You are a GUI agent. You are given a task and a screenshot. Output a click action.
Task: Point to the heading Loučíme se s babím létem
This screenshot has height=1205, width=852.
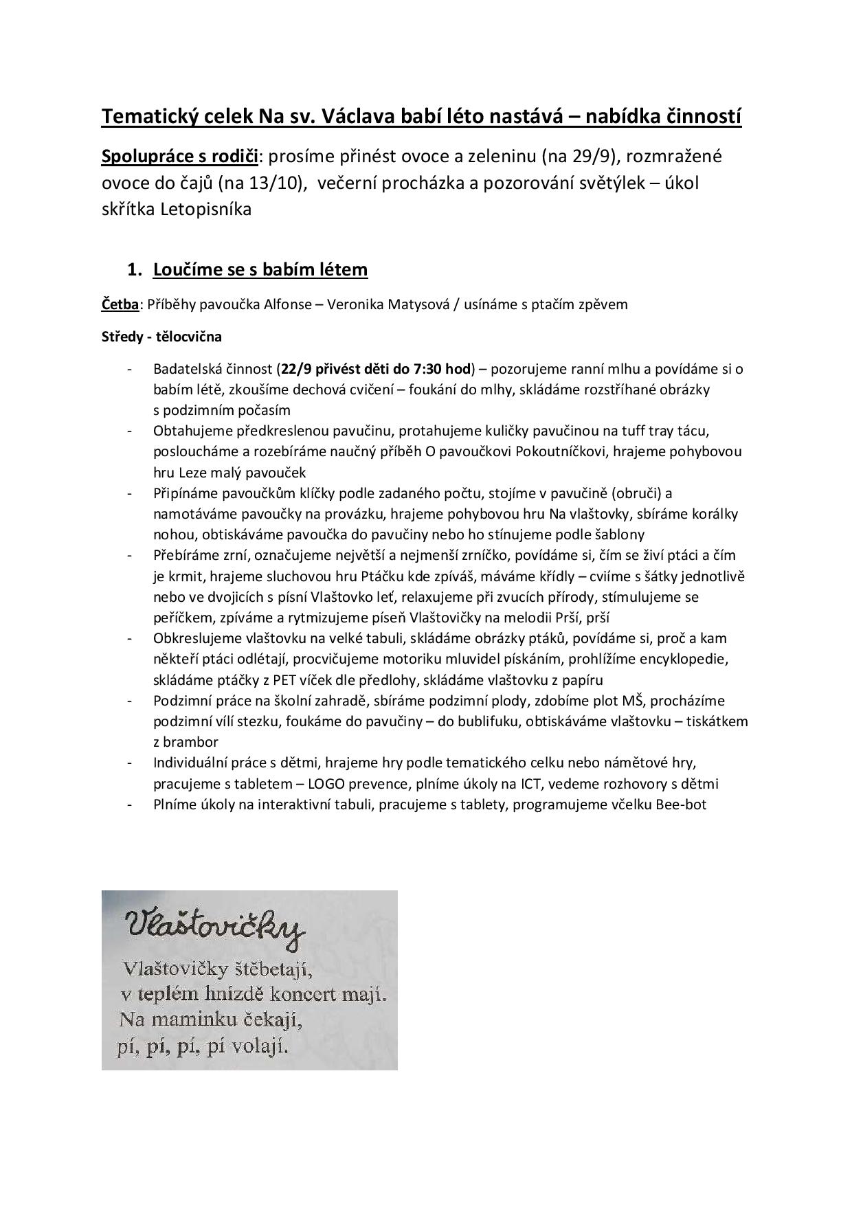[260, 269]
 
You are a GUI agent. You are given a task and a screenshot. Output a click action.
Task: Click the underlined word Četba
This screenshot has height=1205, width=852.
[120, 304]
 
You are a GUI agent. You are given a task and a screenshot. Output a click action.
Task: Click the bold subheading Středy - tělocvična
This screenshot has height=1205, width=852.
[161, 337]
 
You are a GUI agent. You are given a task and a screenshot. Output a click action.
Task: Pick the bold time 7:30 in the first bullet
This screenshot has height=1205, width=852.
[433, 369]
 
